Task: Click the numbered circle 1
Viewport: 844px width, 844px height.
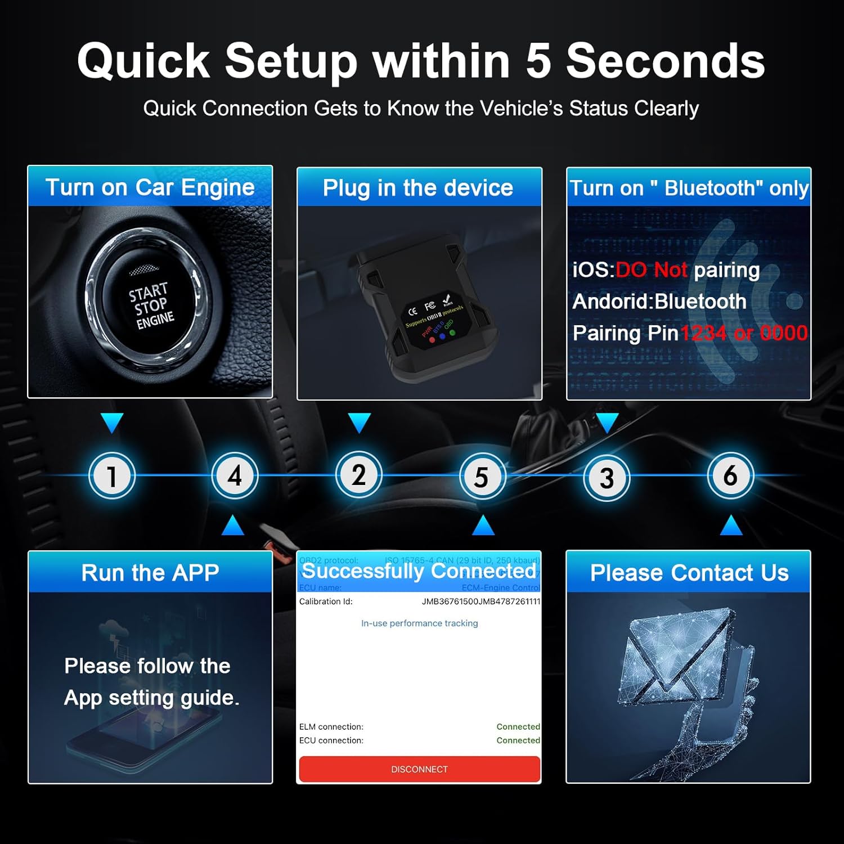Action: tap(112, 476)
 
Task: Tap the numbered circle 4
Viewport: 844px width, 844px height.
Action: tap(235, 476)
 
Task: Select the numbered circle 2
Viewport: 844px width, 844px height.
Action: tap(358, 475)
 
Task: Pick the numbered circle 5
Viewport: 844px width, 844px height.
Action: tap(482, 477)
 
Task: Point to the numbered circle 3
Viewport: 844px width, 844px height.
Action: tap(606, 478)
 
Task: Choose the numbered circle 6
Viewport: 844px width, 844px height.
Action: tap(730, 476)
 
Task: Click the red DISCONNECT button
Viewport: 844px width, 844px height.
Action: tap(419, 769)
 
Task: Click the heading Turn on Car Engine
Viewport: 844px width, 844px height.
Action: tap(150, 187)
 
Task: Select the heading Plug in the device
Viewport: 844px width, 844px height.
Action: tap(418, 188)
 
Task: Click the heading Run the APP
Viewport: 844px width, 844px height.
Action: tap(150, 573)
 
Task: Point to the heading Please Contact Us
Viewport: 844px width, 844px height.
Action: tap(689, 573)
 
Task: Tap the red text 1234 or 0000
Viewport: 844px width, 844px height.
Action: tap(744, 333)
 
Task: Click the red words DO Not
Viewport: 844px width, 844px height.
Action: tap(652, 270)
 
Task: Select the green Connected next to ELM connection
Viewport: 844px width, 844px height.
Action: tap(518, 727)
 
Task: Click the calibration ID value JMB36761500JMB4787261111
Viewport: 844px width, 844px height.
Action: tap(481, 601)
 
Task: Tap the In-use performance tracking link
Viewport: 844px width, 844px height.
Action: tap(419, 623)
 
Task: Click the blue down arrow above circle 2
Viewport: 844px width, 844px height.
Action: tap(359, 423)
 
